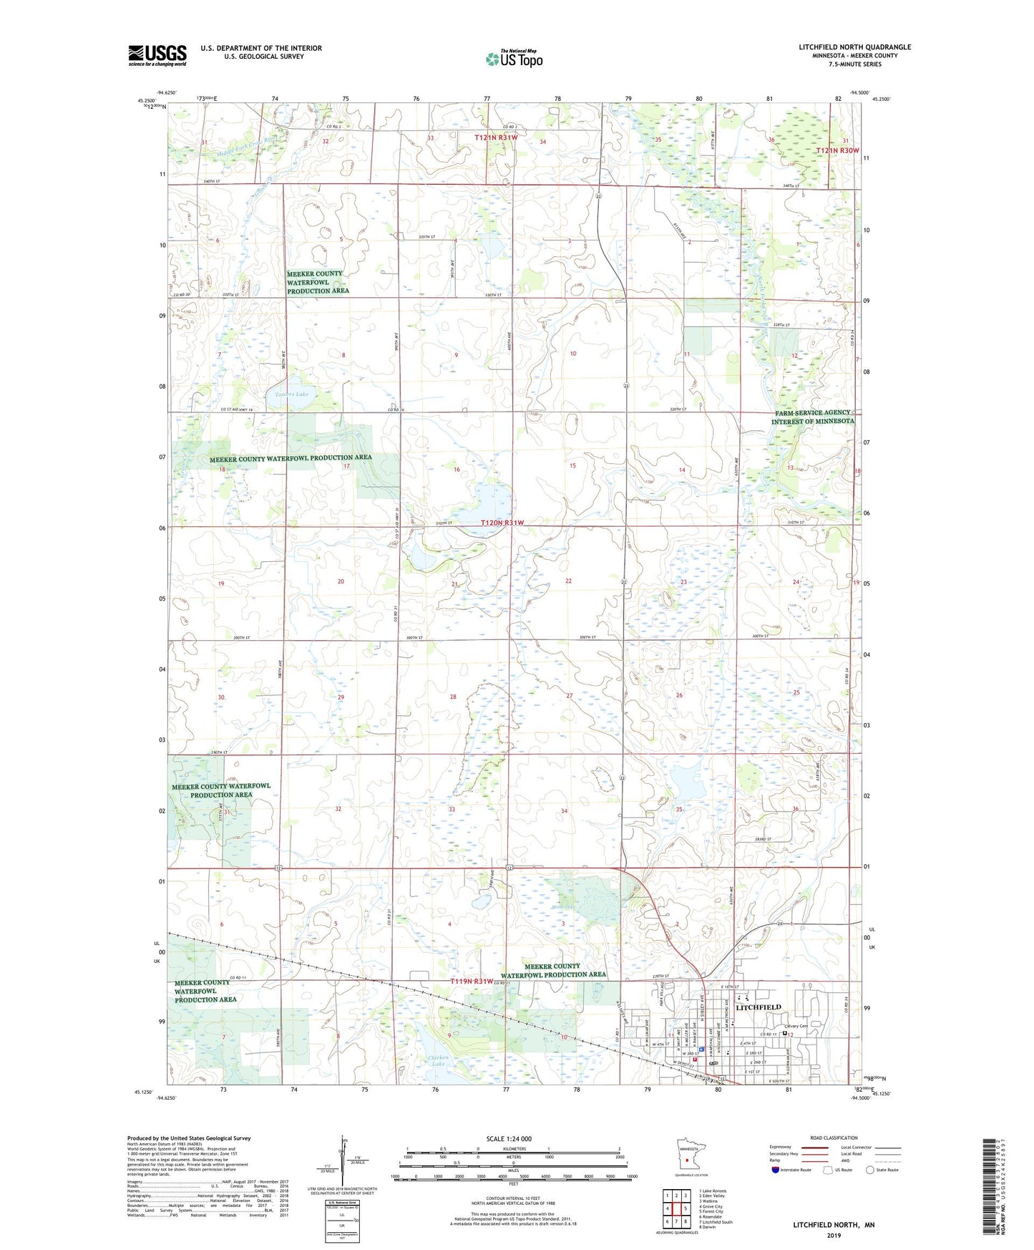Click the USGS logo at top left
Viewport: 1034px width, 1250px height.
click(157, 55)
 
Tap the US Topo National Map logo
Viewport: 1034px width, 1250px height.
click(513, 59)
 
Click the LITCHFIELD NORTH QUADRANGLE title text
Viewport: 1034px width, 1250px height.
click(855, 47)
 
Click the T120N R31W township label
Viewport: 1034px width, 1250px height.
click(502, 523)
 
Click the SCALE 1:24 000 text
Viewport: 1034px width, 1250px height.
click(509, 1138)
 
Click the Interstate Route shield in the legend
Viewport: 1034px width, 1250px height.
click(776, 1170)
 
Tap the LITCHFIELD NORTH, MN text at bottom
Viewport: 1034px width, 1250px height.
click(834, 1225)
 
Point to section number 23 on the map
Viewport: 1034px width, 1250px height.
click(683, 582)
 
